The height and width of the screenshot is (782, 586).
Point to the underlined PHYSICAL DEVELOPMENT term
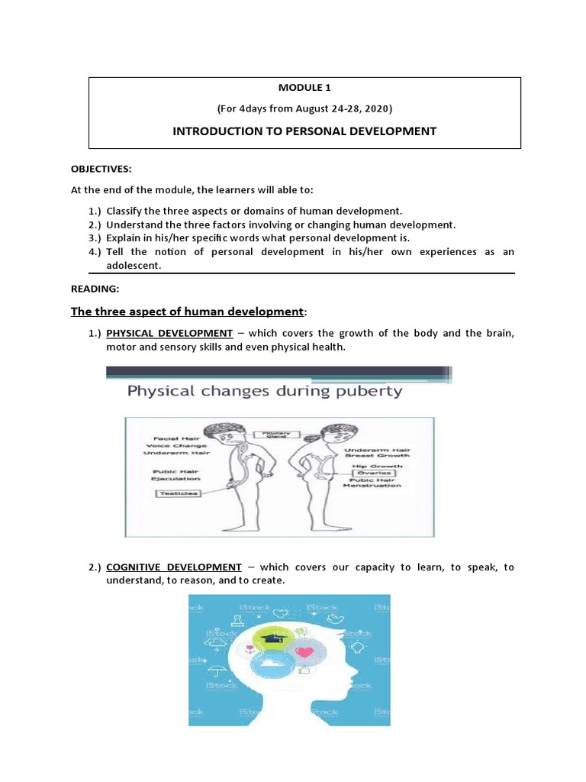pos(169,333)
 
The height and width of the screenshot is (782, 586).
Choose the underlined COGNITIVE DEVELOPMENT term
pos(174,567)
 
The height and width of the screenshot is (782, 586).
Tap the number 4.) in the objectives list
pos(95,252)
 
